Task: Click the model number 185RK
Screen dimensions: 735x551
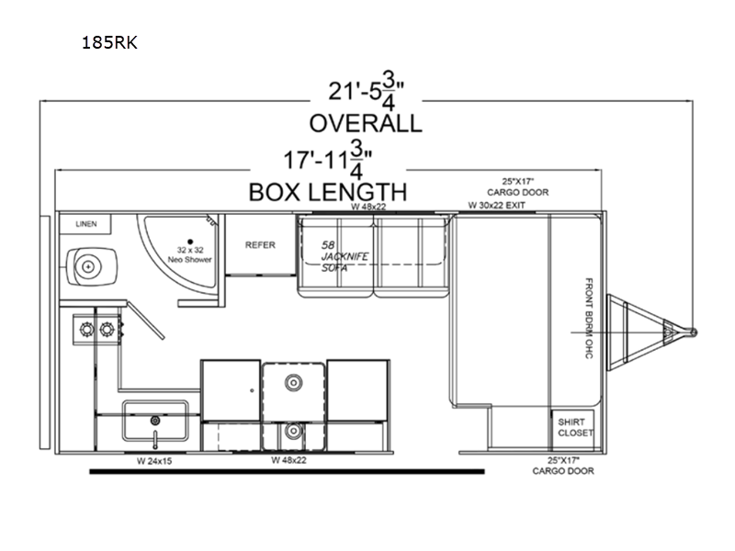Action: pos(109,42)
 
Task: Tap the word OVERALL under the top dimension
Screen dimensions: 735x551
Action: pos(366,123)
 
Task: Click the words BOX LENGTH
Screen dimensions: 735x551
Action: pos(328,192)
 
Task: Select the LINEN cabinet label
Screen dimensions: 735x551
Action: pos(86,224)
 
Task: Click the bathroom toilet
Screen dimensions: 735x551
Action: pos(90,266)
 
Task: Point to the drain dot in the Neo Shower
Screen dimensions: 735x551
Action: pos(190,242)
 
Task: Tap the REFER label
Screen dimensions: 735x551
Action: pos(260,245)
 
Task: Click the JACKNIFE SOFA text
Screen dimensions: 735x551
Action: pos(345,257)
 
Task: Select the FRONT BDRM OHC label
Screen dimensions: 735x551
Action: pos(589,318)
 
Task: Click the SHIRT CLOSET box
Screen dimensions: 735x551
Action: pos(572,427)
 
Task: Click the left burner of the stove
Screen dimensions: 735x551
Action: pos(86,330)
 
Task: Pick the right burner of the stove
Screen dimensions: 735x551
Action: pos(107,330)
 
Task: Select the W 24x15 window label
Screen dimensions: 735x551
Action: pos(154,461)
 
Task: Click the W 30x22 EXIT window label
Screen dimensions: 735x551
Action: pos(496,205)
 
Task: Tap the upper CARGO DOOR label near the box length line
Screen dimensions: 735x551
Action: pos(517,187)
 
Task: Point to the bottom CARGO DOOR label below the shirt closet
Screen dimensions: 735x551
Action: pos(563,466)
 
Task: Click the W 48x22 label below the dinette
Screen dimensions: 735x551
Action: pos(288,460)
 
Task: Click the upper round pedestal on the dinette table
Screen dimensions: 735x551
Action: pos(293,383)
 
